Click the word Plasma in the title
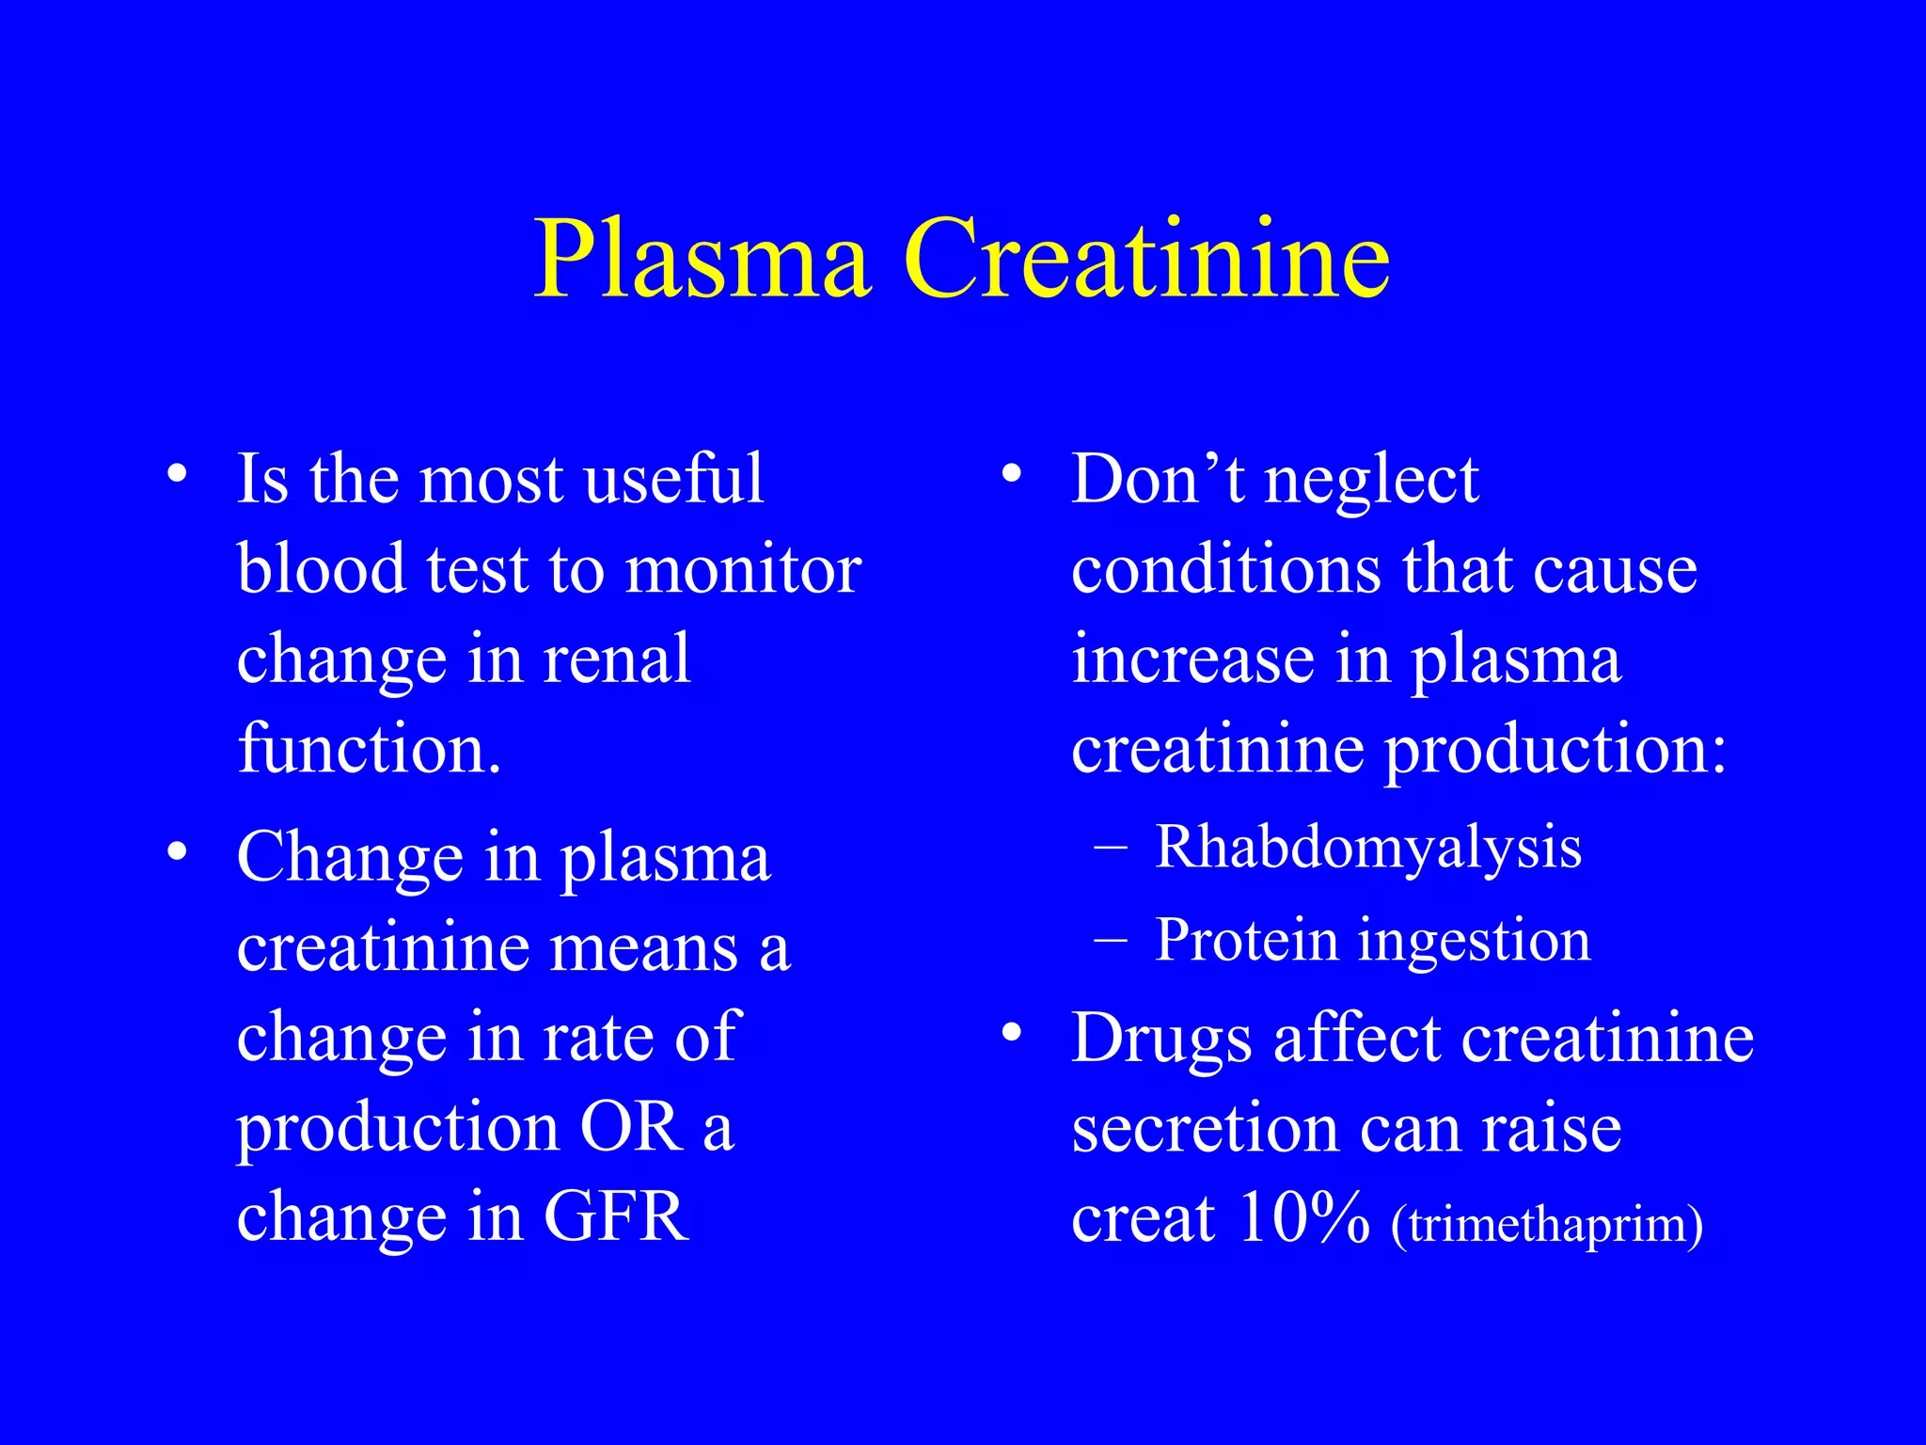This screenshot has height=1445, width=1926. coord(701,259)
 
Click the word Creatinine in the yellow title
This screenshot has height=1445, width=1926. coord(1146,259)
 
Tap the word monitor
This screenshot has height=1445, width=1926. coord(743,570)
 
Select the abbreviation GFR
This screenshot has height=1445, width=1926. coord(616,1216)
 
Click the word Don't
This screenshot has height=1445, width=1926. coord(1158,479)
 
